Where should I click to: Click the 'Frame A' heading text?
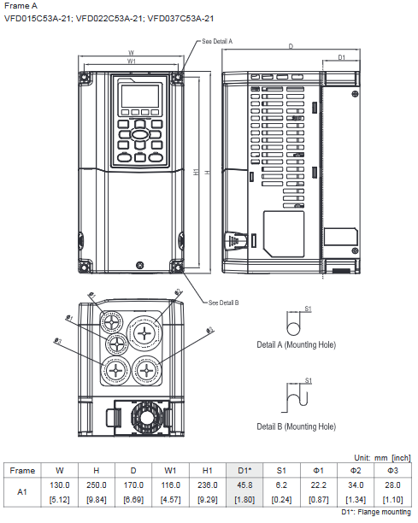click(21, 6)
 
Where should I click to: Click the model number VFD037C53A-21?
click(180, 19)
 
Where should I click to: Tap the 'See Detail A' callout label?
click(217, 41)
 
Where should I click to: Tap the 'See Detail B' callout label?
click(223, 302)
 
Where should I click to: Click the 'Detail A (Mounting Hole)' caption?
click(296, 346)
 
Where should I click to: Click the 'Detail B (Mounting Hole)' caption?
click(296, 426)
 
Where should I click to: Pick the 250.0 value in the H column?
click(97, 485)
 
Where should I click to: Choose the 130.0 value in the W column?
click(59, 485)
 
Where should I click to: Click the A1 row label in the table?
click(22, 491)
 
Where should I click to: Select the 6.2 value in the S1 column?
click(280, 485)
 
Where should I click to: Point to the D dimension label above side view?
click(291, 45)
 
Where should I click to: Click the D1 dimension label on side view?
click(340, 57)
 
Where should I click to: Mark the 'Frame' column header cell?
click(22, 470)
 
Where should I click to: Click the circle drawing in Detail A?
click(293, 327)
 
